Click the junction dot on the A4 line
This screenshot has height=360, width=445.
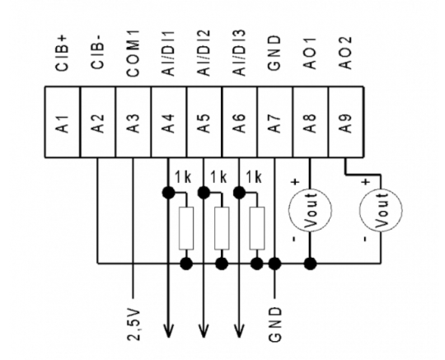169,192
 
